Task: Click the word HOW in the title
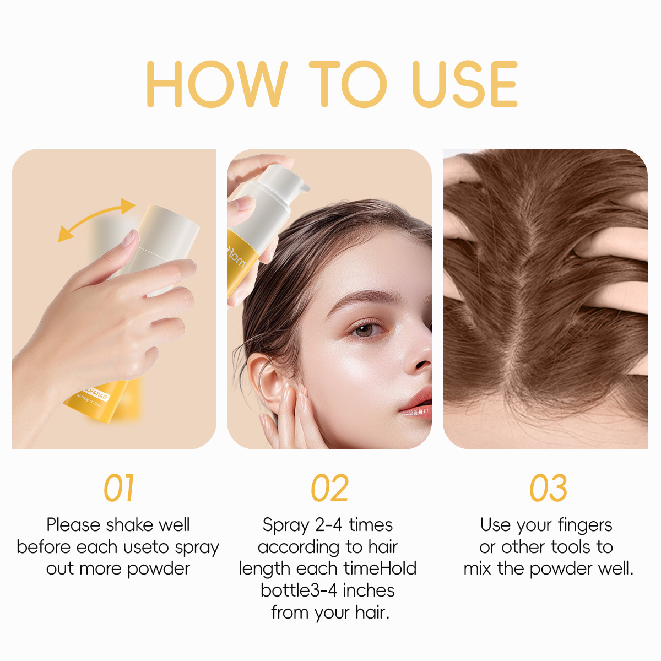coord(217,84)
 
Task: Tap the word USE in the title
coord(465,84)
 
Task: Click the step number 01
coord(119,488)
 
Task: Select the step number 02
coord(329,488)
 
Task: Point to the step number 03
coord(548,488)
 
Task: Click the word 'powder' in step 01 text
coord(159,570)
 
